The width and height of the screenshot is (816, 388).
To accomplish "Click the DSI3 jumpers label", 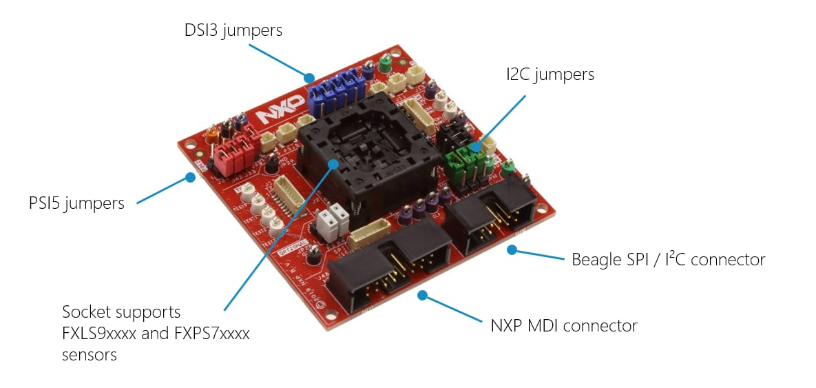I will (233, 31).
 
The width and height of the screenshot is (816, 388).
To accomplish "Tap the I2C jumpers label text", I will (547, 74).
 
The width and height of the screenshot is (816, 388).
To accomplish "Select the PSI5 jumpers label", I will (76, 203).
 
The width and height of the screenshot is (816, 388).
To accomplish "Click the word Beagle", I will (597, 260).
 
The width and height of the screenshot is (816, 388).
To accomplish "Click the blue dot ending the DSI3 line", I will (310, 78).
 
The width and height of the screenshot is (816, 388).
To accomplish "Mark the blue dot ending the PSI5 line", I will (189, 177).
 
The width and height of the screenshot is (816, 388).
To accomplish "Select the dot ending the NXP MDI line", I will (423, 296).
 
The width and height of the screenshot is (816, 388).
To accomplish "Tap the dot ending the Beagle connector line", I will (512, 249).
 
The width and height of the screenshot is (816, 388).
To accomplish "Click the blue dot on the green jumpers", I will (475, 147).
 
